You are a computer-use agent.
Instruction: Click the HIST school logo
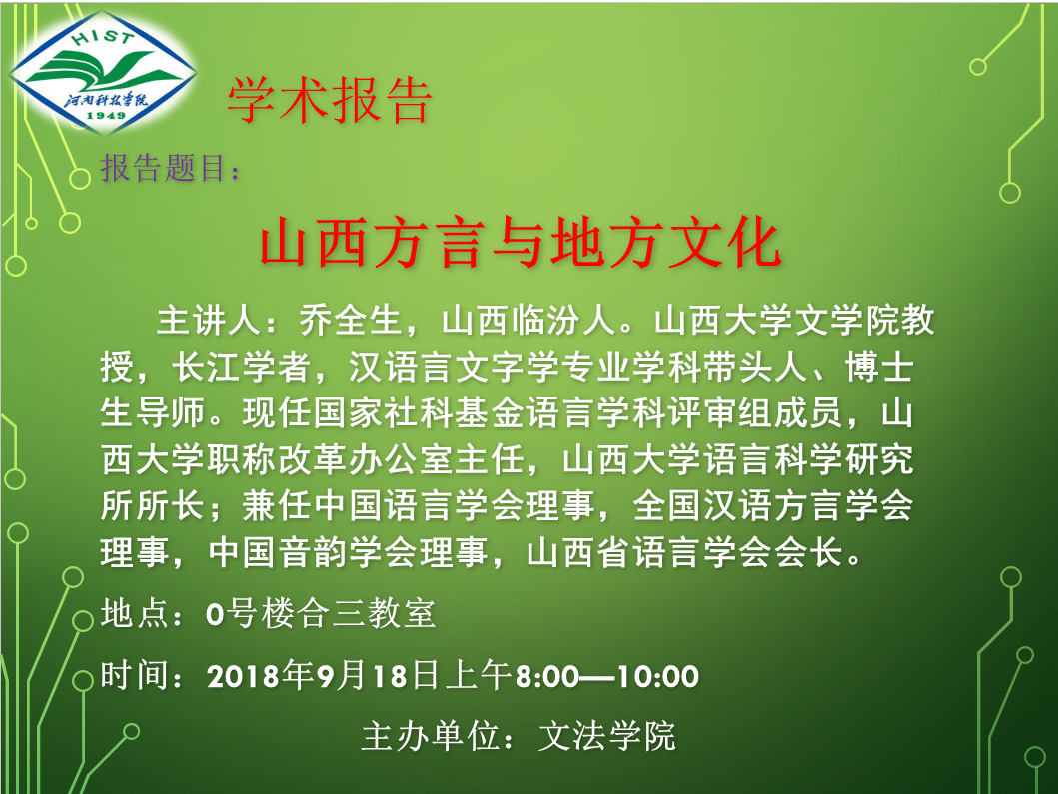pos(103,72)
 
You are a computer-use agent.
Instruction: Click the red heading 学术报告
pos(330,101)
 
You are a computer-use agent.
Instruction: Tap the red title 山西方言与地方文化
pos(521,242)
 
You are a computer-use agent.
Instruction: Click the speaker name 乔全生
pos(352,320)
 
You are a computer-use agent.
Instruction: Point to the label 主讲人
pos(209,320)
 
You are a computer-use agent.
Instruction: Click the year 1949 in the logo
pos(107,116)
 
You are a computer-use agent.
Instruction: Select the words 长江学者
pos(241,367)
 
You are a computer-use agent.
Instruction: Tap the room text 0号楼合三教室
pos(321,614)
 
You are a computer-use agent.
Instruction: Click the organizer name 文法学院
pos(607,736)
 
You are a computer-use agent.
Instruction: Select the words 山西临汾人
pos(529,320)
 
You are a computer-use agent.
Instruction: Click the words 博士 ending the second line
pos(880,367)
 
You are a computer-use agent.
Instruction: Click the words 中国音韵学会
pos(313,553)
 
